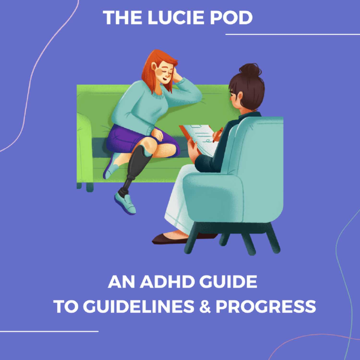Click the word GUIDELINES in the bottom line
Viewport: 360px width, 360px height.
point(139,306)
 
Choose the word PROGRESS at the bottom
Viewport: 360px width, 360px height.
point(266,306)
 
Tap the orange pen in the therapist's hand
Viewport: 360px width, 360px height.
point(218,135)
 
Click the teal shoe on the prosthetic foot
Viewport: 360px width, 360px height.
point(125,203)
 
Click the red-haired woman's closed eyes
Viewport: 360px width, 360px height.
point(168,72)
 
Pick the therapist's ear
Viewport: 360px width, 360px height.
point(240,96)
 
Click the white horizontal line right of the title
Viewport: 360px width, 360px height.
point(293,34)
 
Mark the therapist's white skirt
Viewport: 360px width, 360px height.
point(178,202)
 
